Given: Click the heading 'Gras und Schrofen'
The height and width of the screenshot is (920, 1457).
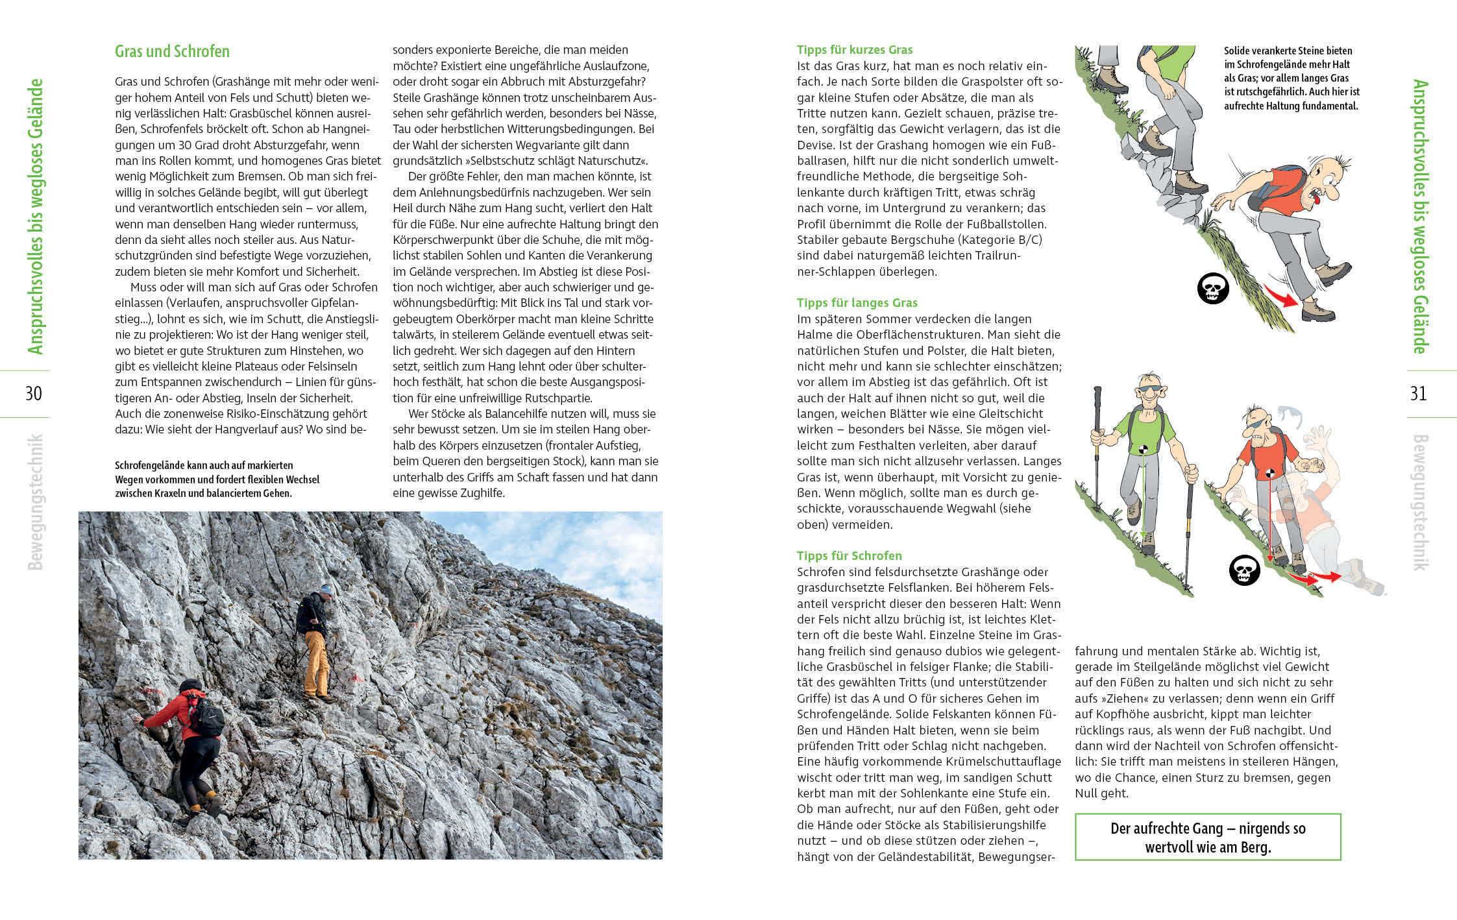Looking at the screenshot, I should point(172,51).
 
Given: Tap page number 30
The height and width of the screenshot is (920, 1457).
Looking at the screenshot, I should point(33,393).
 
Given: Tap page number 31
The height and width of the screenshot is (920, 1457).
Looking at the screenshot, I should point(1418,393).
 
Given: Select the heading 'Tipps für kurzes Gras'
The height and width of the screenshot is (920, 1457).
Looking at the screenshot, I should point(854,50).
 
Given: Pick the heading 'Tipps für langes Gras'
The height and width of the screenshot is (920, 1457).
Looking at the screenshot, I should point(857,303).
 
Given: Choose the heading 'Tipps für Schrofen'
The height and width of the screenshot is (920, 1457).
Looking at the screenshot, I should point(849,556).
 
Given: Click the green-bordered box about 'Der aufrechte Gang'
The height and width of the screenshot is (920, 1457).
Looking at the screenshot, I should point(1207,837).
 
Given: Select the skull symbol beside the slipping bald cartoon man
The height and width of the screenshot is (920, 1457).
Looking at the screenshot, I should point(1212,289).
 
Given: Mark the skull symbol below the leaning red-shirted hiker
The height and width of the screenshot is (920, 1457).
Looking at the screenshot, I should point(1244,571).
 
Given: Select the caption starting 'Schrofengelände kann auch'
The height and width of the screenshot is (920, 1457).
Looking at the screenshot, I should point(217,479).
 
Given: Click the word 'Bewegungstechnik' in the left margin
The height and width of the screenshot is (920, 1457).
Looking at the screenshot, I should point(36,502).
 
